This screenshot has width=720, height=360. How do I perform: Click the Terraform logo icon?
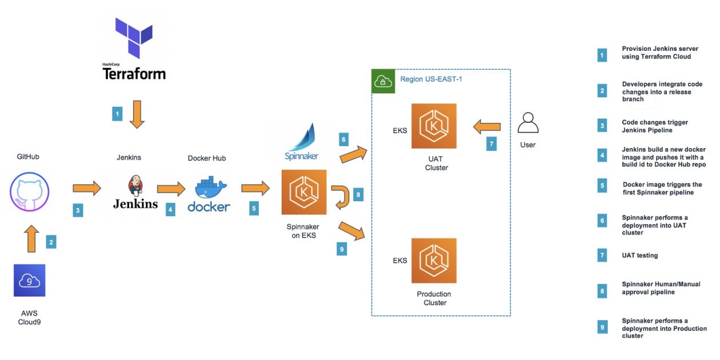tap(134, 38)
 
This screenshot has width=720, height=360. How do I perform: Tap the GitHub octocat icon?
tap(29, 191)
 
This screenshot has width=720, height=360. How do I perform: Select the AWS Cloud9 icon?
tap(29, 280)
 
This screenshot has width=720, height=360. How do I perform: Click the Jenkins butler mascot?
tap(135, 186)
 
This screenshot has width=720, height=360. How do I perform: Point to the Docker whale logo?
tap(211, 187)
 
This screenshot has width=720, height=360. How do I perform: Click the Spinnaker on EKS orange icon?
tap(304, 192)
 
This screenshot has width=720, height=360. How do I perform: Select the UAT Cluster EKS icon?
tap(434, 126)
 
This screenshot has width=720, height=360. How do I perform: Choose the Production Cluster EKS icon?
tap(434, 261)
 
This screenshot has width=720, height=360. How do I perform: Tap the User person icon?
tap(528, 122)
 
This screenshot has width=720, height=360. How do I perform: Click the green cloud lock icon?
tap(383, 81)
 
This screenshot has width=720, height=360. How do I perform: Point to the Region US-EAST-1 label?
tap(431, 79)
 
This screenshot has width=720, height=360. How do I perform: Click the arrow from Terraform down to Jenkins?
tap(137, 114)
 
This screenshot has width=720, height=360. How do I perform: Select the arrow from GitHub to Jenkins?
tap(87, 188)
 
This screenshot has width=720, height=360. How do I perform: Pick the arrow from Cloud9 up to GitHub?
tap(31, 238)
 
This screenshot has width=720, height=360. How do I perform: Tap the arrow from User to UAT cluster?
tap(487, 127)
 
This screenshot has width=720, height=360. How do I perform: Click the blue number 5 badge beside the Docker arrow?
tap(254, 208)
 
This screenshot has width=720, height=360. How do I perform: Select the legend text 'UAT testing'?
tap(639, 255)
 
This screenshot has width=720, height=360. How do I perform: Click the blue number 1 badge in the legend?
tap(602, 55)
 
